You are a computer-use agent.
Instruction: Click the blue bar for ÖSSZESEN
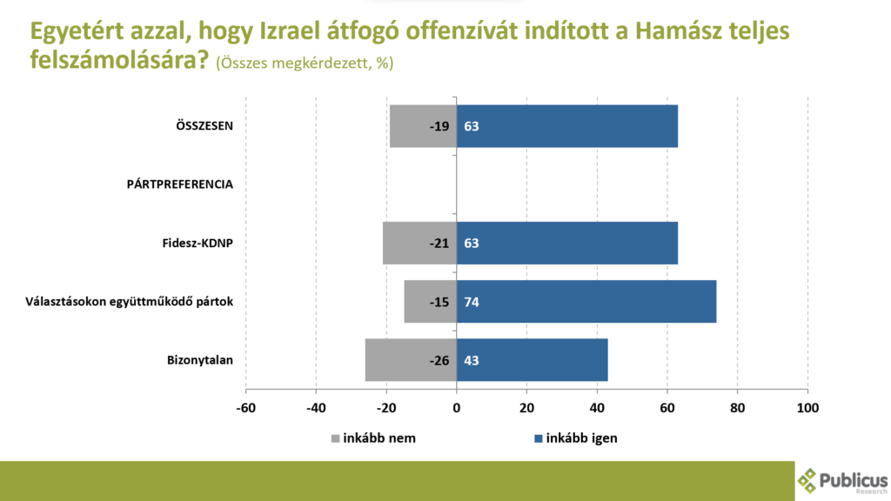(566, 126)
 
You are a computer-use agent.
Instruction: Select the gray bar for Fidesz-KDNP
(419, 243)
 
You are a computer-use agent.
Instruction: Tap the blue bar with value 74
(586, 302)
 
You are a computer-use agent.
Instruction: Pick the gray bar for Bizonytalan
(411, 360)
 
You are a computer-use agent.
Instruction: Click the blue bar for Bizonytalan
(532, 360)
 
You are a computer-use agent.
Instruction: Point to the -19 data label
(439, 126)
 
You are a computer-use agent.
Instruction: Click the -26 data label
(439, 360)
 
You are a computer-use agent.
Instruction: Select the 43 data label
(472, 360)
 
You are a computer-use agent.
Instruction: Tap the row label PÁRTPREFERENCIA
(179, 184)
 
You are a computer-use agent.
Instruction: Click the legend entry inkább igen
(581, 438)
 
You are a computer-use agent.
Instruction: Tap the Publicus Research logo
(842, 480)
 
